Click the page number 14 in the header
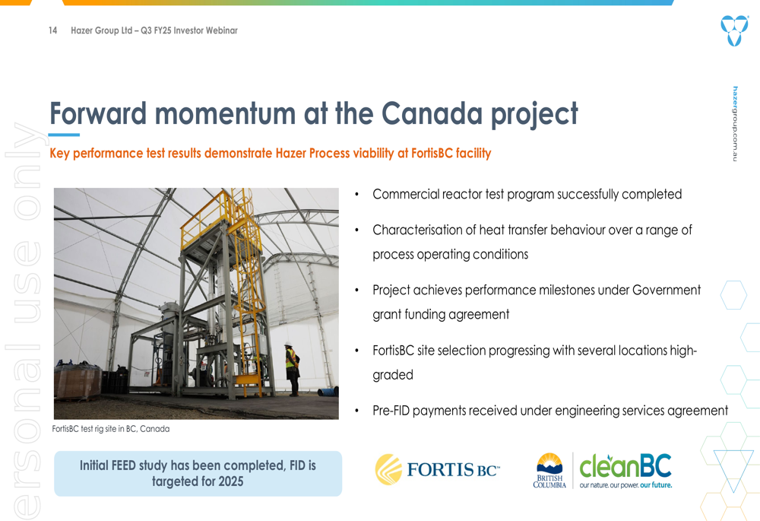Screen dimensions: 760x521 [x=53, y=30]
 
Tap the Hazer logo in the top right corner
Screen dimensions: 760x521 [x=734, y=30]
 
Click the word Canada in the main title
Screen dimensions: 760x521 [x=432, y=113]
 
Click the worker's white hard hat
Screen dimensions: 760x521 [x=288, y=345]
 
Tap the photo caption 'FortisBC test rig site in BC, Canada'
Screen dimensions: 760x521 [x=111, y=429]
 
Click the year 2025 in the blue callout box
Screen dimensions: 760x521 [x=231, y=481]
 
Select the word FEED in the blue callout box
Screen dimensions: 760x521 [x=124, y=465]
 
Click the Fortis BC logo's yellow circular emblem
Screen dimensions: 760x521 [x=388, y=469]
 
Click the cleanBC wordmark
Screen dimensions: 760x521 [x=625, y=465]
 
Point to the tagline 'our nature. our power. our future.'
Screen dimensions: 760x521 [x=625, y=485]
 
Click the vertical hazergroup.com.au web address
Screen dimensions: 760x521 [x=735, y=124]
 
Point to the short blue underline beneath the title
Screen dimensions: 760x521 [x=64, y=135]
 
